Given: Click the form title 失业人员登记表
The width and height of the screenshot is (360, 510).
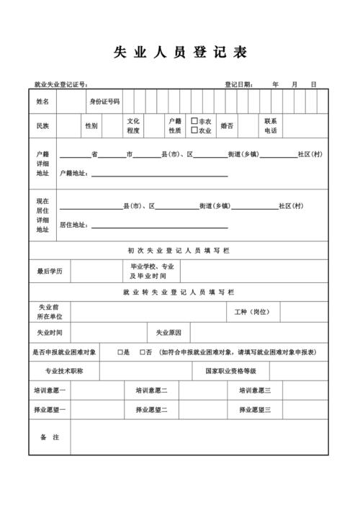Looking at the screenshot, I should [x=180, y=53].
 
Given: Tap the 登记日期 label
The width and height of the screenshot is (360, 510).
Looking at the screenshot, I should [x=238, y=84].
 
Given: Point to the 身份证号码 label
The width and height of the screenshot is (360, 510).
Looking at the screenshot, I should [x=104, y=102].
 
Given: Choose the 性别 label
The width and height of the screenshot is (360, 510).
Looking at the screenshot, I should [x=91, y=126].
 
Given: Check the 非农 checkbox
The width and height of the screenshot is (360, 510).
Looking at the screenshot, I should [x=194, y=122].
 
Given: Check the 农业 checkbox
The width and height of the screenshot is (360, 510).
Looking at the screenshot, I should [x=194, y=130].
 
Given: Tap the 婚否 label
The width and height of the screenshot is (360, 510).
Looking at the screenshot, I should [x=227, y=126].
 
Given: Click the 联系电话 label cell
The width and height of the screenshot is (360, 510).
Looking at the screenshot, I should [x=270, y=126].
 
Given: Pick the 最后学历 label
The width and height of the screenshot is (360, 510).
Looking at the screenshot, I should [x=50, y=272].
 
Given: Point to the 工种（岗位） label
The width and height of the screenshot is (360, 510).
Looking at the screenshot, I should [x=252, y=312].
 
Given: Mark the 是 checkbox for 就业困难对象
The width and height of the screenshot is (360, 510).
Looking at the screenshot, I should [x=121, y=352].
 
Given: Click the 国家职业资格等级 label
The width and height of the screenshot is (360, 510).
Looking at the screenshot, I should [x=230, y=371].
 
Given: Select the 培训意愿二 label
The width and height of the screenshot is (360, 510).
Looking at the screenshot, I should [x=151, y=390].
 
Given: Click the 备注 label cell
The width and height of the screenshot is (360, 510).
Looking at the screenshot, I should [x=50, y=437].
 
